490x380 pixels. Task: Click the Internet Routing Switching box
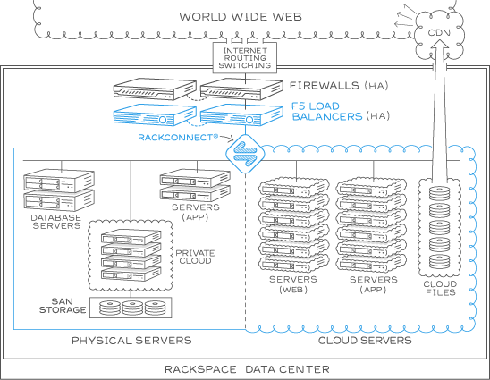pyautogui.click(x=245, y=58)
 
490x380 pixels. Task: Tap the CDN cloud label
pyautogui.click(x=439, y=32)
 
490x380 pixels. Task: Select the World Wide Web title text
pyautogui.click(x=241, y=17)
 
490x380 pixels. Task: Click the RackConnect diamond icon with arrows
pyautogui.click(x=245, y=154)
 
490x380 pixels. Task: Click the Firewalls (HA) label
pyautogui.click(x=339, y=85)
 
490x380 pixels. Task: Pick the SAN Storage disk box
pyautogui.click(x=131, y=308)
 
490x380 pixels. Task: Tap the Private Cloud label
pyautogui.click(x=195, y=257)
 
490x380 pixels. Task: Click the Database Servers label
pyautogui.click(x=56, y=222)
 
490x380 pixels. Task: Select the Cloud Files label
pyautogui.click(x=440, y=288)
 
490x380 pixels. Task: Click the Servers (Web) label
pyautogui.click(x=293, y=284)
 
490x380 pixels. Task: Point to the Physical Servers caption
pyautogui.click(x=131, y=341)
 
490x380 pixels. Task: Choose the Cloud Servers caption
pyautogui.click(x=365, y=341)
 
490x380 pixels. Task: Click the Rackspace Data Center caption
pyautogui.click(x=247, y=369)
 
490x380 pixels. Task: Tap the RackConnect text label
pyautogui.click(x=178, y=138)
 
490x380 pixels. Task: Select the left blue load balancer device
pyautogui.click(x=155, y=115)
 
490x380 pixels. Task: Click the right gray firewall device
pyautogui.click(x=241, y=89)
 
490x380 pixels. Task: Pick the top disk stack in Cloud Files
pyautogui.click(x=439, y=193)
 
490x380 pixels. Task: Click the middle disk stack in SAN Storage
pyautogui.click(x=132, y=308)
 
